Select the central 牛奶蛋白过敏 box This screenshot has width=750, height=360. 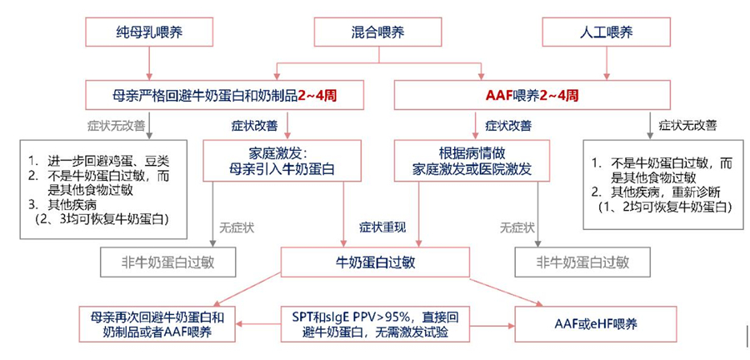point(374,262)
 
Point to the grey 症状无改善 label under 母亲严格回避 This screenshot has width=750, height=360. point(115,127)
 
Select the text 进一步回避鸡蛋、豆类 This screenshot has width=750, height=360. point(103,160)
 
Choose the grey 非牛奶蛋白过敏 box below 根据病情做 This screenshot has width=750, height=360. point(582,262)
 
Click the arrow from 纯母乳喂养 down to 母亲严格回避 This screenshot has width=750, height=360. point(149,63)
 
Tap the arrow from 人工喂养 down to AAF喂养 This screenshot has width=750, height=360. point(607,63)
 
